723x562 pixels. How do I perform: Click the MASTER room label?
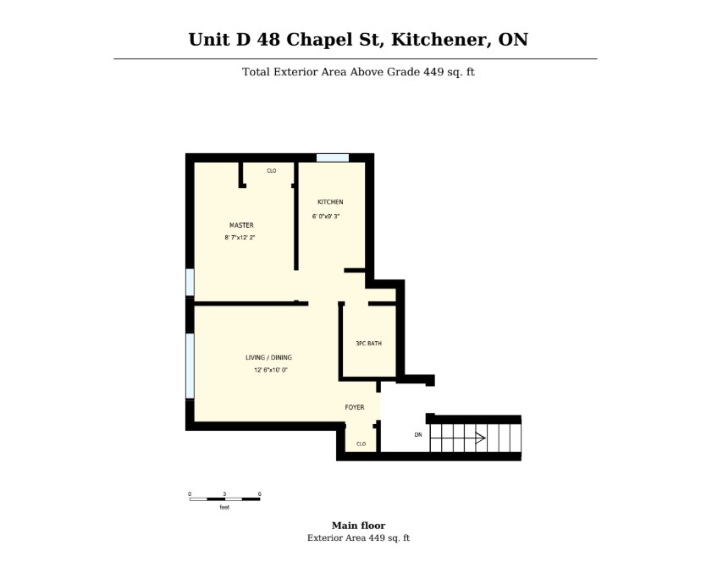point(241,225)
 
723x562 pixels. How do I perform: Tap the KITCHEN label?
point(330,202)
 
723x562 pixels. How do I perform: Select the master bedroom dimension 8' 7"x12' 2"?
point(240,238)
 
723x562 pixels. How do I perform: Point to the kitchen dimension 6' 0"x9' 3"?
point(326,216)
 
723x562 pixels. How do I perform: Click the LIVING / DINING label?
point(268,357)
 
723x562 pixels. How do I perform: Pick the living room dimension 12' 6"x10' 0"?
point(271,370)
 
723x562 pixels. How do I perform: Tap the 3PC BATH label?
point(369,344)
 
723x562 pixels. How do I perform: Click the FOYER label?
point(355,407)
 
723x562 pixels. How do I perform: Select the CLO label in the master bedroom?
point(272,171)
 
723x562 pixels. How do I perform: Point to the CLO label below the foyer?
point(361,444)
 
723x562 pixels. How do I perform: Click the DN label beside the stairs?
point(418,435)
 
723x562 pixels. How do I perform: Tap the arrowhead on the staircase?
point(481,438)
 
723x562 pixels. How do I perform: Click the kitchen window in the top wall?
point(333,157)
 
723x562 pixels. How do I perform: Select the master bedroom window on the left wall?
point(190,282)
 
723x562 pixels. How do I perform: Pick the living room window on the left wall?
point(190,366)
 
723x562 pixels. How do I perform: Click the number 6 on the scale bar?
point(260,493)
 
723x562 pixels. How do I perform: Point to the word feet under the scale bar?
point(224,507)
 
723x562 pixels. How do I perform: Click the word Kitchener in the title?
point(441,40)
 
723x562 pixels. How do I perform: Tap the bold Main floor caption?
point(358,526)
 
